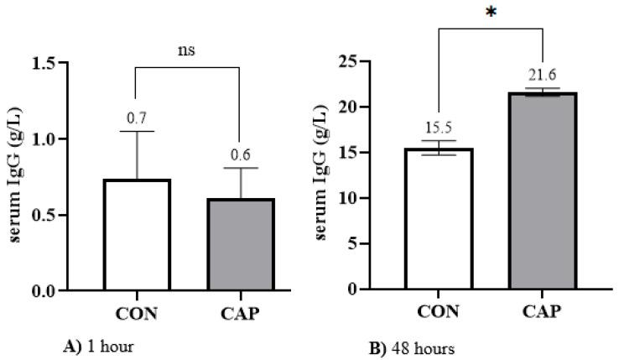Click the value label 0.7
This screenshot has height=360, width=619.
(x=136, y=117)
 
